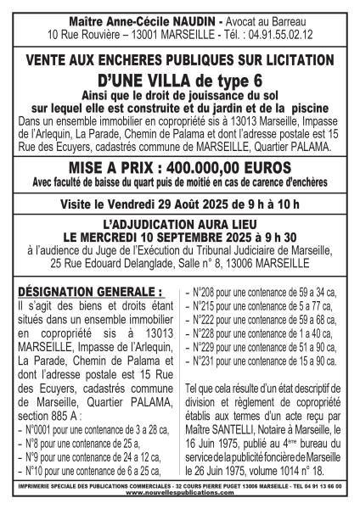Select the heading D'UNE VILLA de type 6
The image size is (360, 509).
click(x=180, y=80)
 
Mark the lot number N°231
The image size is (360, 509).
click(x=202, y=361)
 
